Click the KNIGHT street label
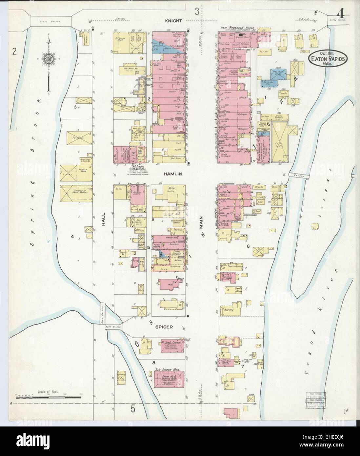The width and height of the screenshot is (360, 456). pos(173,21)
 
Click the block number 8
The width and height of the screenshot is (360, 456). pos(153,363)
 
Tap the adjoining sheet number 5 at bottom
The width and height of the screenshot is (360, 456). pos(133,409)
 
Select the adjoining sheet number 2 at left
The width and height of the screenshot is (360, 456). pos(14,52)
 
